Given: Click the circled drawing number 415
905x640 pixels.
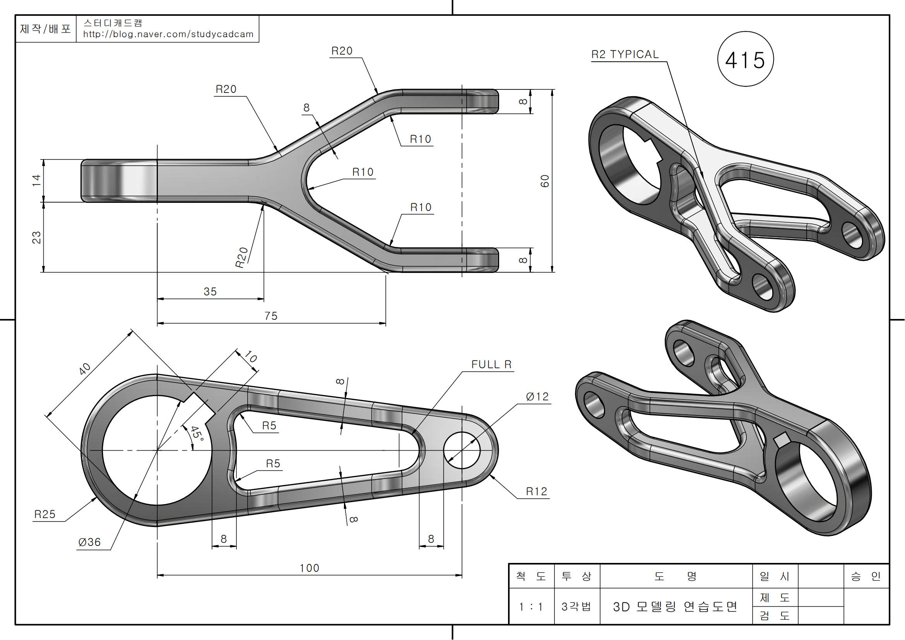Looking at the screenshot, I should point(745,60).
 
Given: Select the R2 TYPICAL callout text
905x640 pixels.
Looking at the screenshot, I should point(625,55).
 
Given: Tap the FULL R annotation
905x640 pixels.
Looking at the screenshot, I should point(491,364).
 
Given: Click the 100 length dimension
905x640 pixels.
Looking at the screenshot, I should point(310,568).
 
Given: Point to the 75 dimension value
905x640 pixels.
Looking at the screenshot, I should point(271,316).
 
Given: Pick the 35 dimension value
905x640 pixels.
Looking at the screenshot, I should point(210,292).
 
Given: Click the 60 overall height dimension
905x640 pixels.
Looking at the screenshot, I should point(545,181).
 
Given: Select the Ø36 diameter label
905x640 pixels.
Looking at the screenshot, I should point(89,542).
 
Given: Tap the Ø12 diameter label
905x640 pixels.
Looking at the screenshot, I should point(537,397).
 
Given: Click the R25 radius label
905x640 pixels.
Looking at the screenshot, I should point(45,514).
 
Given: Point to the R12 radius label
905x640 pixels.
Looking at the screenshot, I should point(536,491).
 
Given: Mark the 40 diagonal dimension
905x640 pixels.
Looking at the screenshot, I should point(85,369).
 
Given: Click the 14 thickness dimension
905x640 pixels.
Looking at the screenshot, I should point(36,180).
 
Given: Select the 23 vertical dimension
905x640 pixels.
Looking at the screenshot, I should point(36,237).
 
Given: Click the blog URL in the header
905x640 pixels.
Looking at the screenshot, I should point(168,34).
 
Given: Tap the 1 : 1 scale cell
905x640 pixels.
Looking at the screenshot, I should point(531,606).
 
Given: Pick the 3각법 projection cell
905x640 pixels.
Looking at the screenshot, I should point(576,606).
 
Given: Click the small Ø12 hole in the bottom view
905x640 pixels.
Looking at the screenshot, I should point(462,450).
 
